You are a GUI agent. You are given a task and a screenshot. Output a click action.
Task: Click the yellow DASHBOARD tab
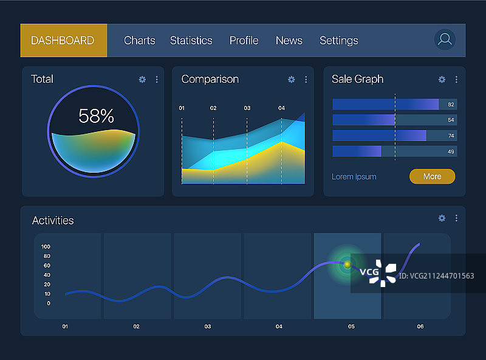coord(63,41)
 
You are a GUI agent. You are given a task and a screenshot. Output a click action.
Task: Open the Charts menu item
coord(140,41)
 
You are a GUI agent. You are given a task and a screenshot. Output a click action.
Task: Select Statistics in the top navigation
coord(191,41)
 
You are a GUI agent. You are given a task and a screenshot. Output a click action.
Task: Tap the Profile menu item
coord(244,41)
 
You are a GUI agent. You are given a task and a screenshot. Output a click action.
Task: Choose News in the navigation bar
coord(289,41)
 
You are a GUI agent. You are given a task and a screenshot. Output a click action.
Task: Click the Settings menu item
coord(338,41)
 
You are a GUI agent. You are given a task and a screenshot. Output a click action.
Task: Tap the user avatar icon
coord(445,40)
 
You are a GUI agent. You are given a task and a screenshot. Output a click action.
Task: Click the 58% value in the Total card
coord(96,116)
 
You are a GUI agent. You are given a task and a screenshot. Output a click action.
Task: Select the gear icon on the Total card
coord(142,80)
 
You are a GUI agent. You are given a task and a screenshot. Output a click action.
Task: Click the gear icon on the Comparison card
coord(291,80)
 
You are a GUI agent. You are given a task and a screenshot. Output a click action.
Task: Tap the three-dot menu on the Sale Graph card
coord(456,80)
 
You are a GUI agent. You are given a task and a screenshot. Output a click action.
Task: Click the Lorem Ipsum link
coord(354,177)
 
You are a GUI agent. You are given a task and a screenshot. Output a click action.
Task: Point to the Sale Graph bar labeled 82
coord(385,105)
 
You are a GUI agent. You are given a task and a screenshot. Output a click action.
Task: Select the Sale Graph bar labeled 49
coord(357,151)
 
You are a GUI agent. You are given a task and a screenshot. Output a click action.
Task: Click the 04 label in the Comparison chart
coord(281,108)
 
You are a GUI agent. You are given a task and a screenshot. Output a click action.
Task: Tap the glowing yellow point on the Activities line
coord(347,265)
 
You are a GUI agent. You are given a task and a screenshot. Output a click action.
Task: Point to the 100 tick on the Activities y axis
coord(46,247)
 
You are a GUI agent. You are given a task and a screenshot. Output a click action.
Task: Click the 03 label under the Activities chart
coord(208,327)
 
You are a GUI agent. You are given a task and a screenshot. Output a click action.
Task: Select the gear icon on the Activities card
coord(442,218)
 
